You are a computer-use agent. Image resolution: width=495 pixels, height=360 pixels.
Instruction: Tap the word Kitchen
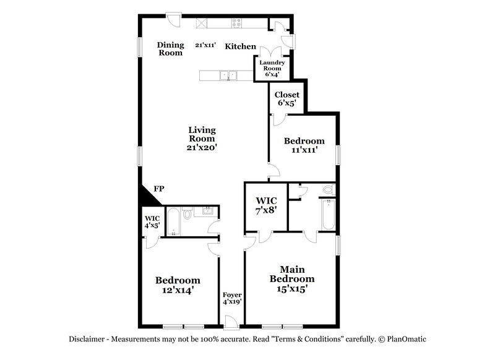click(x=240, y=46)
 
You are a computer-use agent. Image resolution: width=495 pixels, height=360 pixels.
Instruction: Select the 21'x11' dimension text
click(x=205, y=45)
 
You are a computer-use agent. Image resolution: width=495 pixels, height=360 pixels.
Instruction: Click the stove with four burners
click(x=237, y=24)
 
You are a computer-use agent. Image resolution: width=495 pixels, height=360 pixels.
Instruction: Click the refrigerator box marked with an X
click(x=202, y=24)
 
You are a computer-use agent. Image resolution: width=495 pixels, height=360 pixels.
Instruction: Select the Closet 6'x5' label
click(x=286, y=99)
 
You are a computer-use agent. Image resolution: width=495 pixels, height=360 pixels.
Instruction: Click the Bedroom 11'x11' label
click(x=303, y=145)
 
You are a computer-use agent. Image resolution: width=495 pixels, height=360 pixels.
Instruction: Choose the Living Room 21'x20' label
click(x=202, y=139)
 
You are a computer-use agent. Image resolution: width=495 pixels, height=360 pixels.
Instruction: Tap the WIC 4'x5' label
click(x=152, y=221)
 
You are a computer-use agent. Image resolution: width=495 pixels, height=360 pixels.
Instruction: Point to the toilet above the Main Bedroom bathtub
click(x=329, y=190)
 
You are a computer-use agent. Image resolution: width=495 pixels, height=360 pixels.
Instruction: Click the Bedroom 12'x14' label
click(x=178, y=284)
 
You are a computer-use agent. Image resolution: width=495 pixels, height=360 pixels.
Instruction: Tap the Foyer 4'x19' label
click(x=232, y=299)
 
